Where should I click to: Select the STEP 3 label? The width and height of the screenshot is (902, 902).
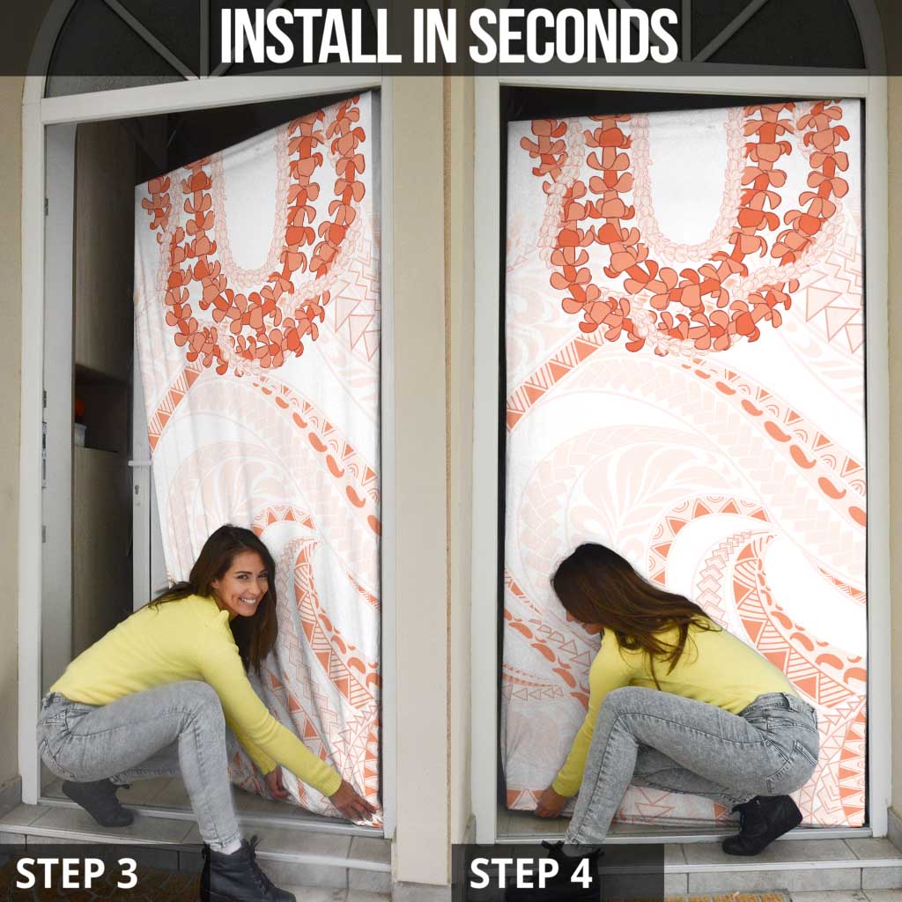pyautogui.click(x=77, y=873)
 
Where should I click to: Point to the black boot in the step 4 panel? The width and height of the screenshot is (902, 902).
pyautogui.click(x=761, y=823)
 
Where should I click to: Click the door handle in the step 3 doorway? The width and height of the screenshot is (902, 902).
pyautogui.click(x=139, y=463)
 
